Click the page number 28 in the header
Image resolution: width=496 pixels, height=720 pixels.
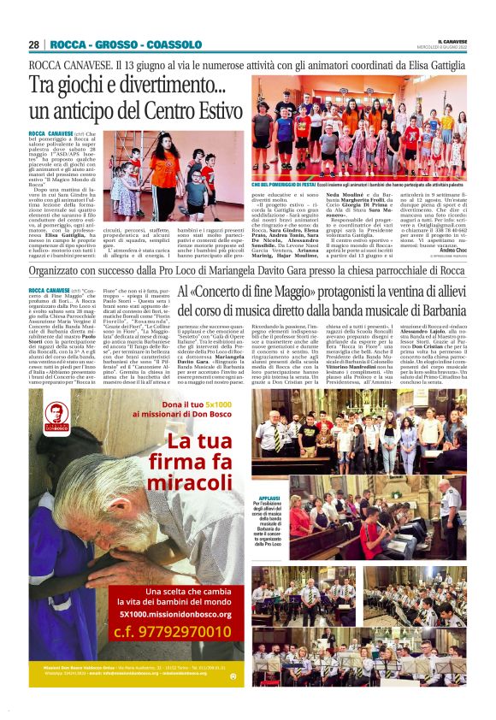pyautogui.click(x=34, y=44)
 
